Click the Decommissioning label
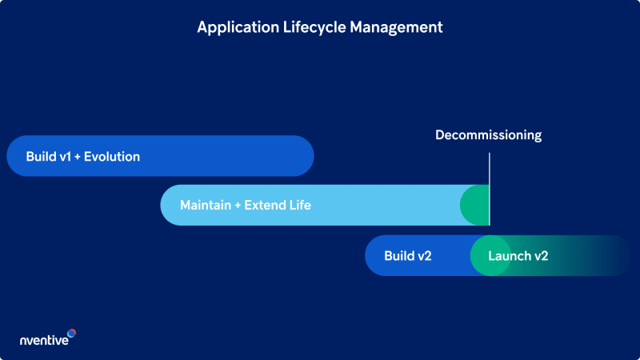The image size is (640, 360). [488, 135]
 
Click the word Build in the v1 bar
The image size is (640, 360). [41, 157]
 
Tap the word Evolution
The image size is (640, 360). [112, 157]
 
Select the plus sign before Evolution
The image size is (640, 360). [78, 157]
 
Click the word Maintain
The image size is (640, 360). [205, 206]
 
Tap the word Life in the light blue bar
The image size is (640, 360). [301, 206]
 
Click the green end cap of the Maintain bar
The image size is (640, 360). [475, 206]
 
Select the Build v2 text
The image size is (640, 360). [408, 256]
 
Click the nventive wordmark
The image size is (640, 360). [44, 341]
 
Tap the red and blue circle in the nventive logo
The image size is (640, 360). [71, 333]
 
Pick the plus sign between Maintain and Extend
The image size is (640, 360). [238, 206]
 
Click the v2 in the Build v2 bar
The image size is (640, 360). [424, 256]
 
